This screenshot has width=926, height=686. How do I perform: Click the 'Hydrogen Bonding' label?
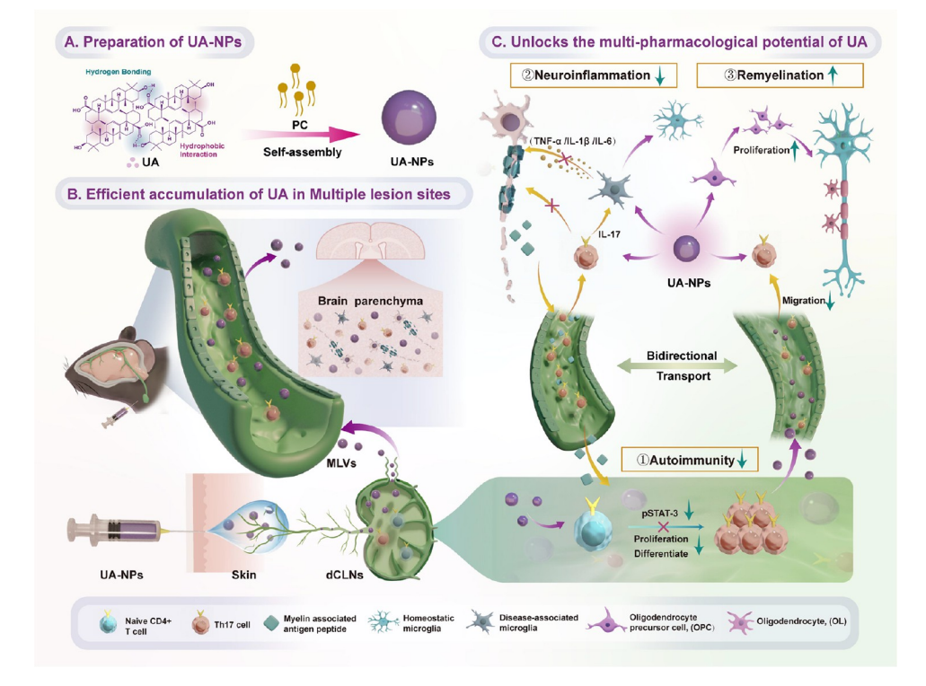pyautogui.click(x=119, y=71)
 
